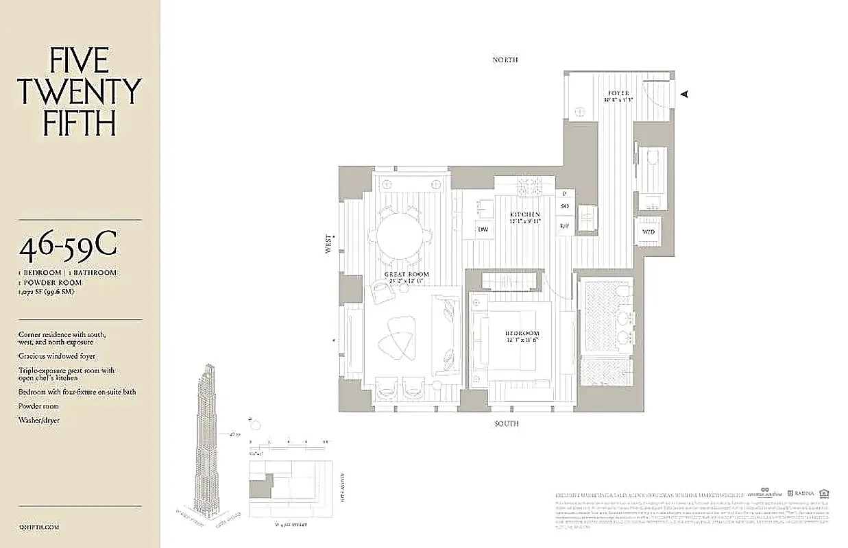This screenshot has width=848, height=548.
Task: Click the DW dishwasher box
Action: click(x=483, y=229)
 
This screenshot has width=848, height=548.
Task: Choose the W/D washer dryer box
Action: click(x=649, y=232)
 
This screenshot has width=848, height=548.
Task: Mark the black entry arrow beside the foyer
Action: click(x=683, y=95)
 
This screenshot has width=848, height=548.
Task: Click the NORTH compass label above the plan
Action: click(x=505, y=60)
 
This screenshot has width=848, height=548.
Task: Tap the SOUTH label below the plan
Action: click(x=507, y=424)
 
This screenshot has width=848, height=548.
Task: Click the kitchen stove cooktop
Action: click(x=529, y=185)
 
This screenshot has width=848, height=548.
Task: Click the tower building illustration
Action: click(x=207, y=438)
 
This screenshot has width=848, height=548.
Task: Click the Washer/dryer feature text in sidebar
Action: click(x=40, y=421)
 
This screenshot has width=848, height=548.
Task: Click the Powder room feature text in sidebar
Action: click(x=40, y=406)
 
